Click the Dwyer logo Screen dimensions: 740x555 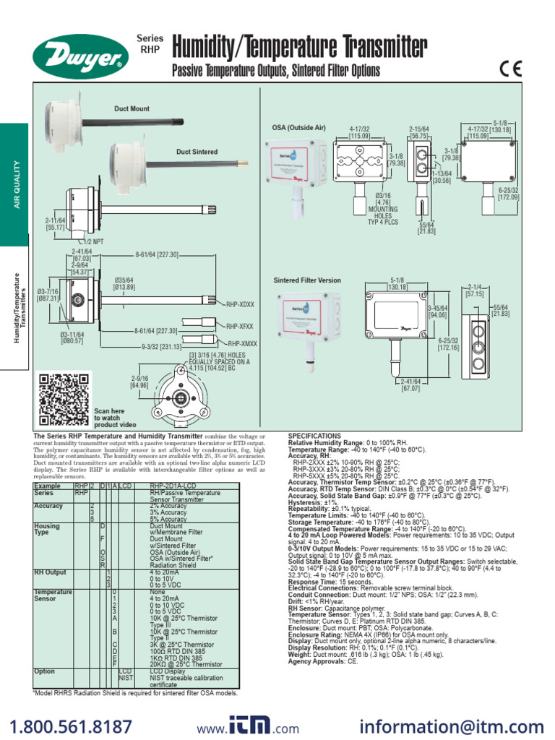click(x=78, y=54)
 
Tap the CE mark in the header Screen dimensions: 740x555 click(x=509, y=69)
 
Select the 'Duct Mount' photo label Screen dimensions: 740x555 click(x=132, y=109)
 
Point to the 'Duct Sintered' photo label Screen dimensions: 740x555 click(x=197, y=152)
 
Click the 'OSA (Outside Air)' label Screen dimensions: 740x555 click(x=298, y=128)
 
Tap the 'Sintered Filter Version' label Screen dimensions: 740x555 click(x=307, y=280)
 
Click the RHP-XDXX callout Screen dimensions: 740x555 click(x=242, y=305)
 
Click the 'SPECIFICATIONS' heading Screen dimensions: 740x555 click(x=314, y=436)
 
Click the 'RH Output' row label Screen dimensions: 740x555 click(x=50, y=572)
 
